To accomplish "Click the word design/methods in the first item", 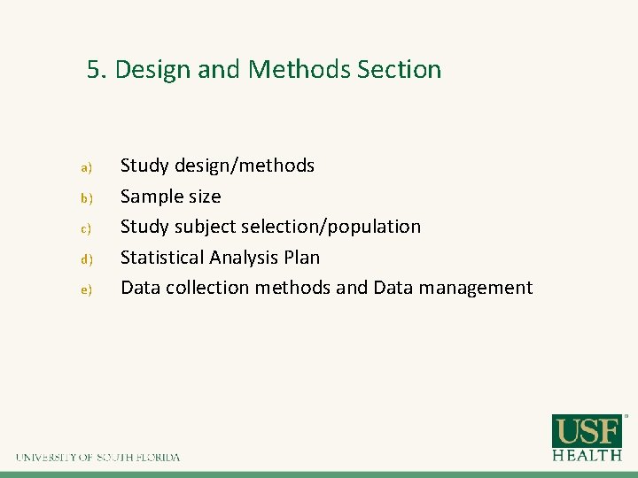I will [245, 166].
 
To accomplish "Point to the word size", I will [204, 196].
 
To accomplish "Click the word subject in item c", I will [206, 227].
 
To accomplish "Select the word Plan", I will [302, 258].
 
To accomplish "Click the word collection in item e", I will [207, 288].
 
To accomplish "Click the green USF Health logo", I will [587, 437].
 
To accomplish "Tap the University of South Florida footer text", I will [97, 458].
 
